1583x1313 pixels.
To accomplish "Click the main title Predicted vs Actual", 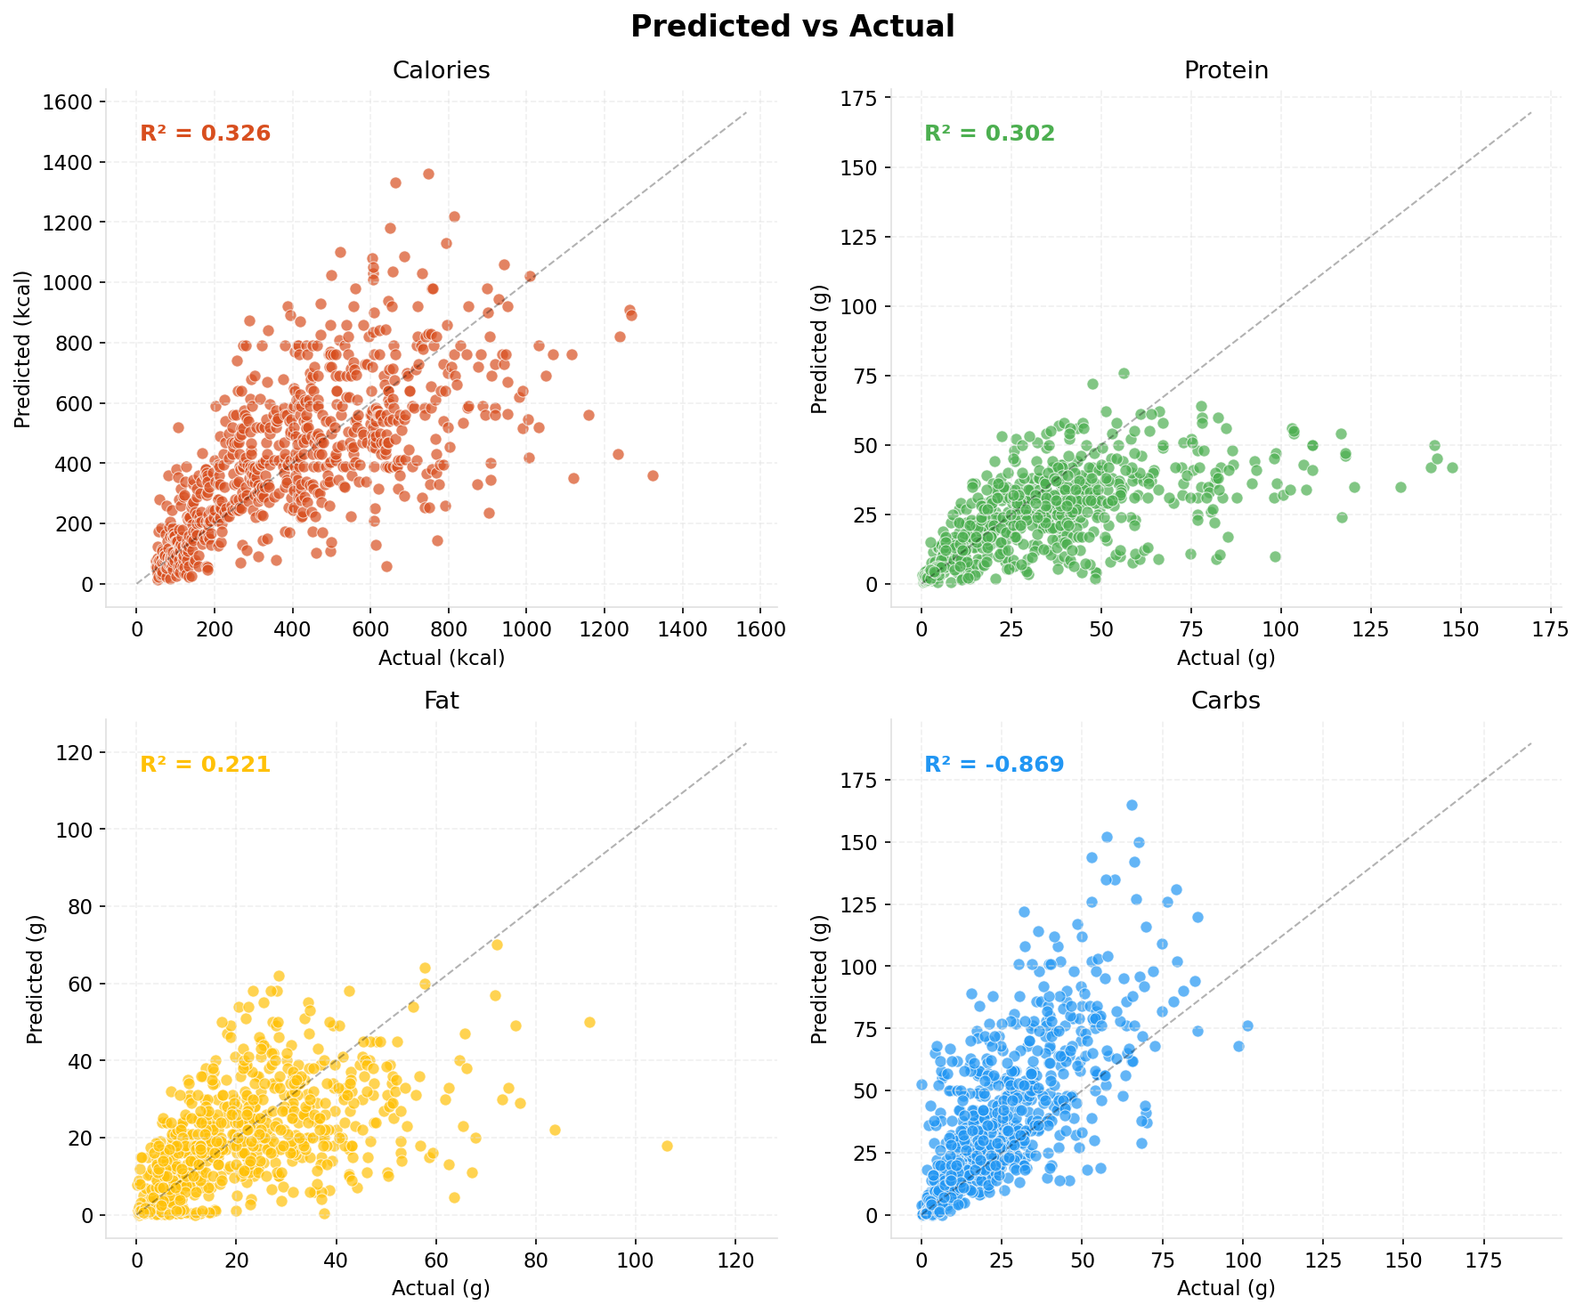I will click(x=791, y=27).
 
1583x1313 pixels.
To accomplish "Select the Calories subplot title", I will click(x=441, y=71).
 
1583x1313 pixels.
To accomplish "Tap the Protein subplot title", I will click(x=1225, y=71).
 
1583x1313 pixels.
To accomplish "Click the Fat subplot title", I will click(x=441, y=701).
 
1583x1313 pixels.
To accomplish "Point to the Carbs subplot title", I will click(x=1225, y=701).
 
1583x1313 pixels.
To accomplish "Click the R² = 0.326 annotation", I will click(x=206, y=134).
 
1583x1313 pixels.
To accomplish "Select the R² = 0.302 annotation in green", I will click(x=989, y=134).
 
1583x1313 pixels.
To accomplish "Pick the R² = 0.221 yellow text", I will click(x=206, y=765).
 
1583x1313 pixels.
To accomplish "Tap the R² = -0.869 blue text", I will click(x=994, y=765).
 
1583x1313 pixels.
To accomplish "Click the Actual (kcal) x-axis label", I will click(x=441, y=659).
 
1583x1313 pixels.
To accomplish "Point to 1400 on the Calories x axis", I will click(x=683, y=629).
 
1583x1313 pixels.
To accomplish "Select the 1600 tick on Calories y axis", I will click(x=69, y=101).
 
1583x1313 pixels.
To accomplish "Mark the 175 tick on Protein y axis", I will click(x=860, y=98).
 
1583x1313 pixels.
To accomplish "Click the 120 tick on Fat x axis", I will click(x=735, y=1260).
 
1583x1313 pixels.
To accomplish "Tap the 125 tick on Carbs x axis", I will click(x=1322, y=1260).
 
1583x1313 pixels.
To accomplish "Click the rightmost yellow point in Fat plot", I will click(x=667, y=1146).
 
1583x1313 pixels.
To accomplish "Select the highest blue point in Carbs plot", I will click(x=1132, y=805).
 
